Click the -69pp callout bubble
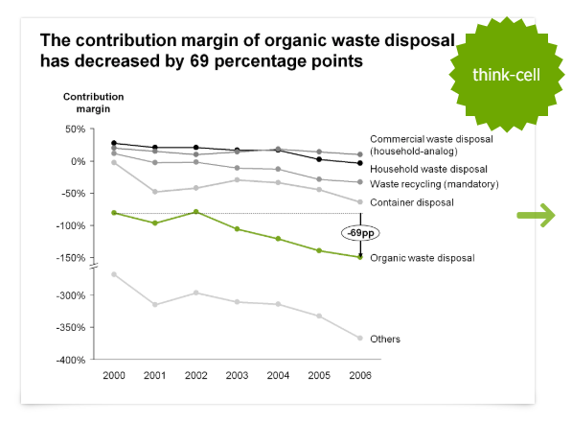point(360,233)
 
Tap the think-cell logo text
point(506,75)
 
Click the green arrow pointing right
point(537,216)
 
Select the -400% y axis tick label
point(71,360)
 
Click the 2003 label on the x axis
point(237,375)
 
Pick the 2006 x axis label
point(360,375)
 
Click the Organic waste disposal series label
point(423,258)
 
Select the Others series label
point(385,340)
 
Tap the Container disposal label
point(412,202)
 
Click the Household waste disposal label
point(428,169)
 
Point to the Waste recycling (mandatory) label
point(434,184)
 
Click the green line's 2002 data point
point(195,212)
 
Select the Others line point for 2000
point(114,274)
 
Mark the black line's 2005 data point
point(319,159)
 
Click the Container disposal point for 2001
point(155,192)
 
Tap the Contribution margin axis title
point(93,103)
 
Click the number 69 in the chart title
point(199,61)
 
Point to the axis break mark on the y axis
point(94,266)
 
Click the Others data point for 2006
point(360,338)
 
